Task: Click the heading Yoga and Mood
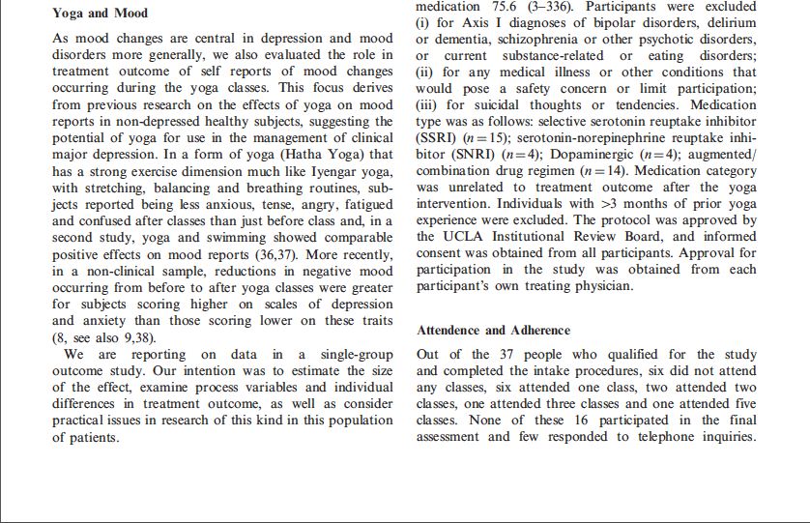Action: [100, 14]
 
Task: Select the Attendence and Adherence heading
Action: [492, 330]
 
